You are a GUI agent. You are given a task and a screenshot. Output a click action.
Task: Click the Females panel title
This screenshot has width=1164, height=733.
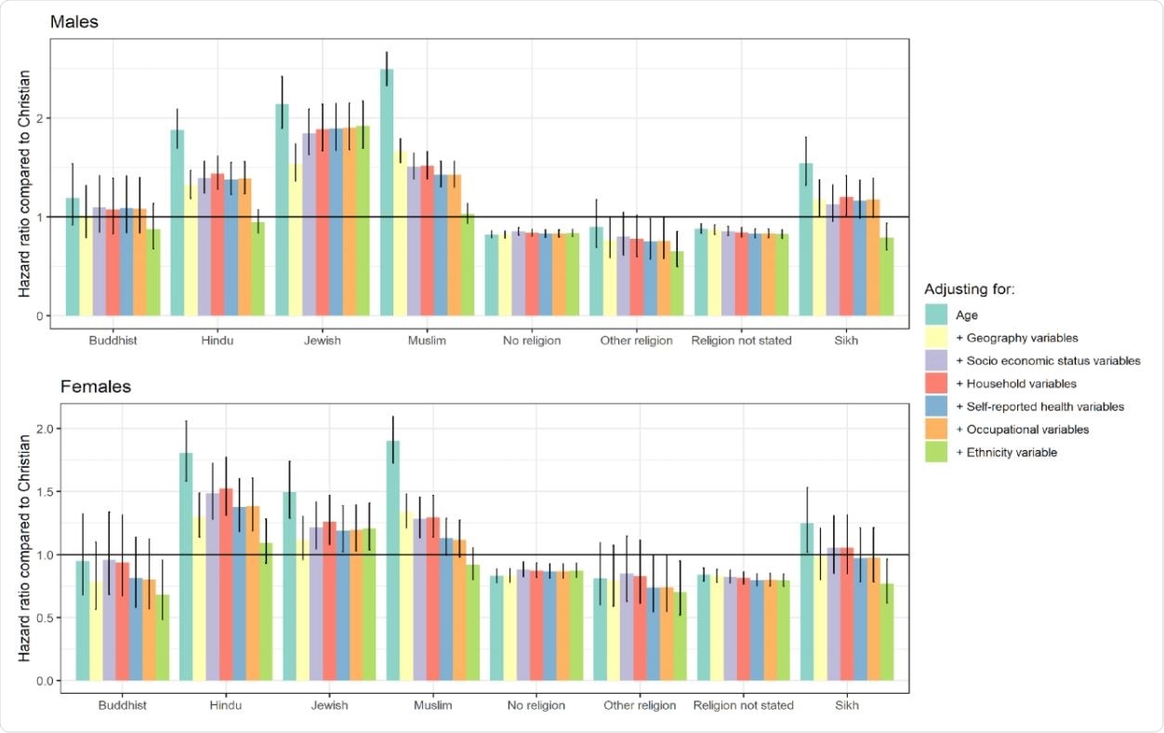click(82, 386)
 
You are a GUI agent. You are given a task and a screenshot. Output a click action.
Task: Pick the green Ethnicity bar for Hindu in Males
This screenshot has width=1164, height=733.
click(259, 269)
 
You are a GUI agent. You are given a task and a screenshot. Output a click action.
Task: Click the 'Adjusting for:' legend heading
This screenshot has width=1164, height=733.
click(969, 290)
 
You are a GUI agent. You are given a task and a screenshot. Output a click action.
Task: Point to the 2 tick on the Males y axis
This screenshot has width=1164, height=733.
click(42, 118)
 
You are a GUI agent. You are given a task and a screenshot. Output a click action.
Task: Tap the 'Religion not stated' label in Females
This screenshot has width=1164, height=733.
click(744, 705)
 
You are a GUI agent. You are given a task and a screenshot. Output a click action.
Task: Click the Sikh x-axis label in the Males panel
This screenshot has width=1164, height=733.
click(846, 340)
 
